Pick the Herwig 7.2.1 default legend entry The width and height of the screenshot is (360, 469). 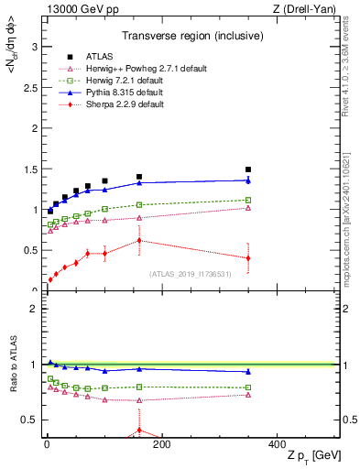(x=115, y=81)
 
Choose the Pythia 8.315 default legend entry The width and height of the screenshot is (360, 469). (x=117, y=93)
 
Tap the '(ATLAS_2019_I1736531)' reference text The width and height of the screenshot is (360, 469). (x=191, y=274)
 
